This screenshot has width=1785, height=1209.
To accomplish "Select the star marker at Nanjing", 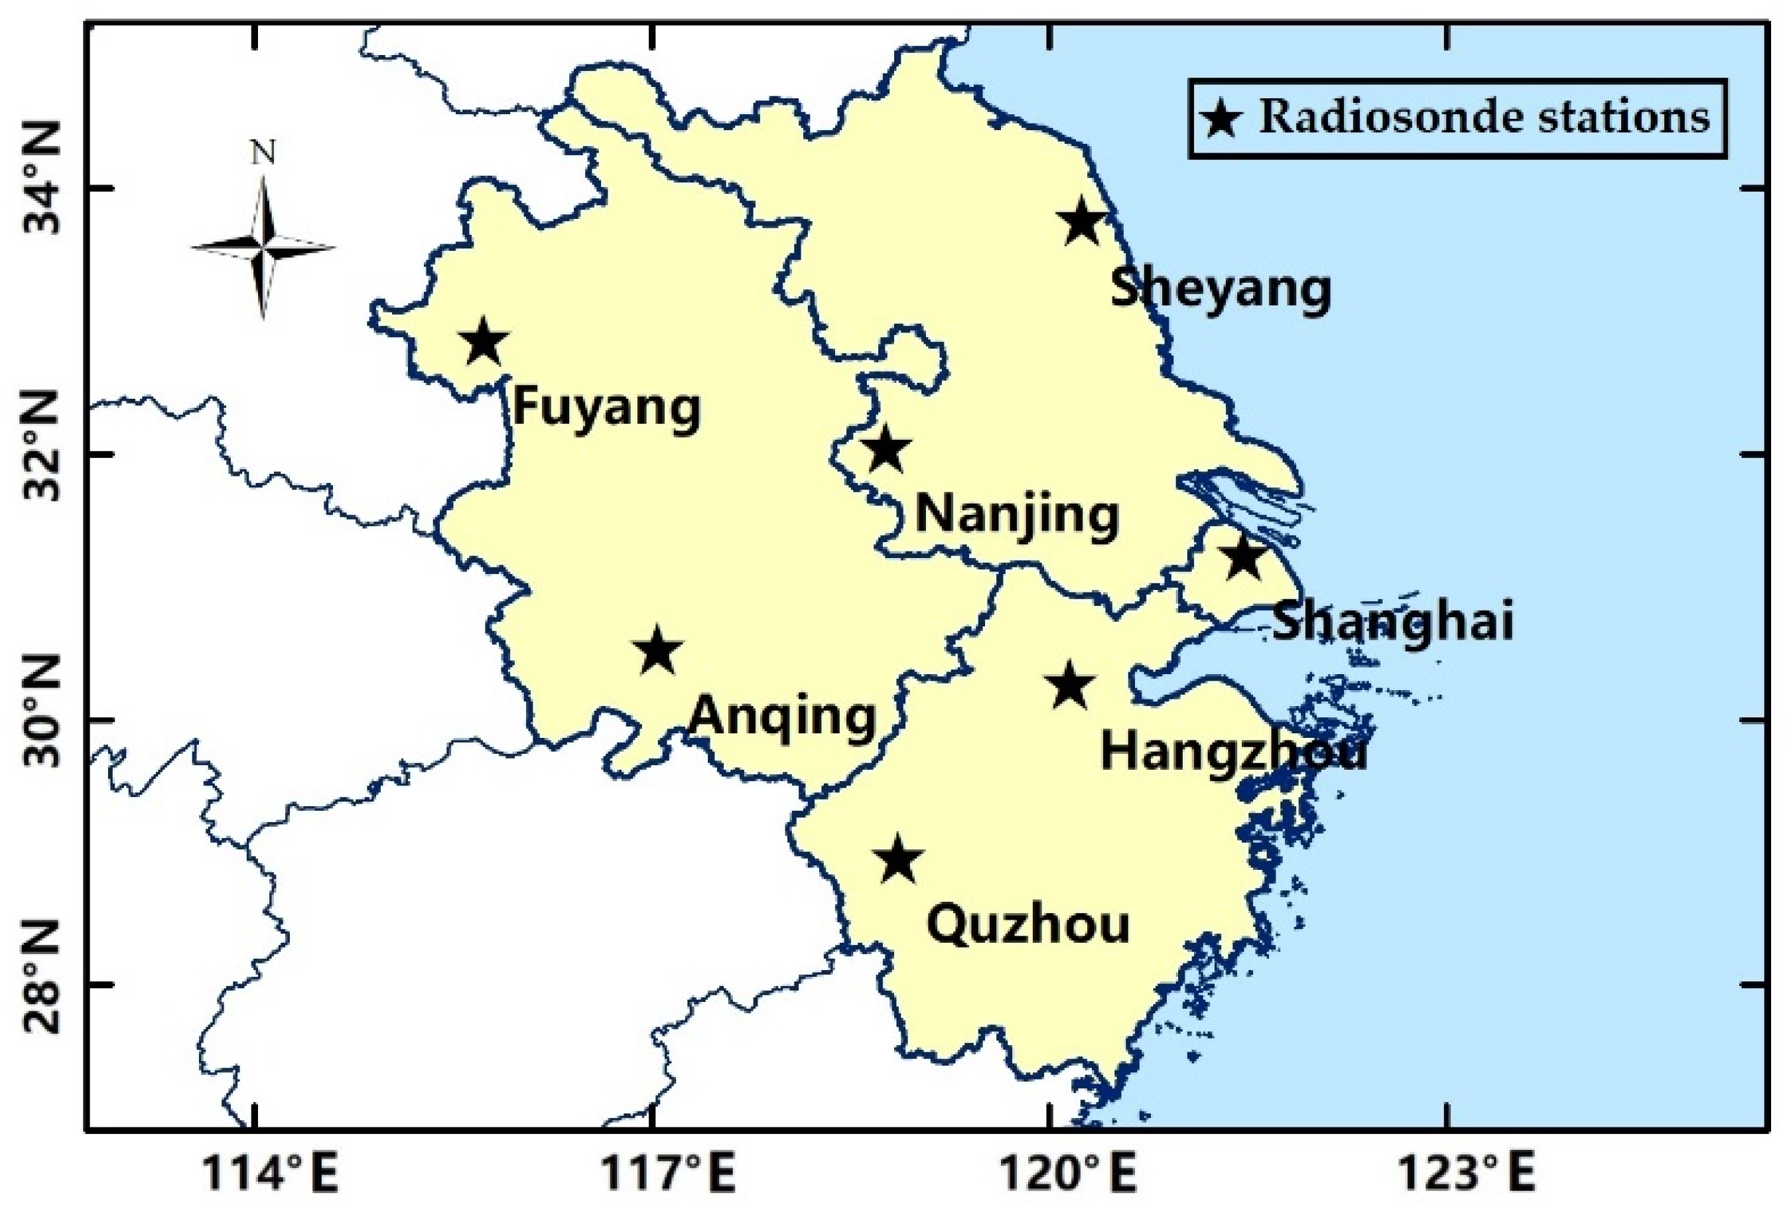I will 885,449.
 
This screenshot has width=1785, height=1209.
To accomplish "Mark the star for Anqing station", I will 658,650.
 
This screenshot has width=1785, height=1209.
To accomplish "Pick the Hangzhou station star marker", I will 1069,685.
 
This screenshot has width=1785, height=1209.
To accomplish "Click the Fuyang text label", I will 607,408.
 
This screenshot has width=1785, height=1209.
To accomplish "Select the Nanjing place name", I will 1017,516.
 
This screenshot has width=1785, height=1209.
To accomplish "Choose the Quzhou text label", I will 1027,925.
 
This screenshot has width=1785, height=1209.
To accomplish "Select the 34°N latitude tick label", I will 44,188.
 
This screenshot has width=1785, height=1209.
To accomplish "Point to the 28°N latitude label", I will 44,985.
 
